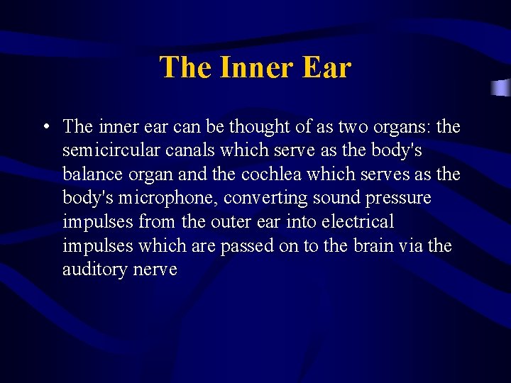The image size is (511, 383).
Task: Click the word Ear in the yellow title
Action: [x=326, y=67]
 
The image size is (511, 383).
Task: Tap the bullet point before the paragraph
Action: [x=45, y=128]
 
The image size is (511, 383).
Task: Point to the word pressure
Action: [x=400, y=199]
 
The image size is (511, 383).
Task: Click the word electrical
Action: [x=358, y=222]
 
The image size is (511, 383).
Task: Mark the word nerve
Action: [x=155, y=270]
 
